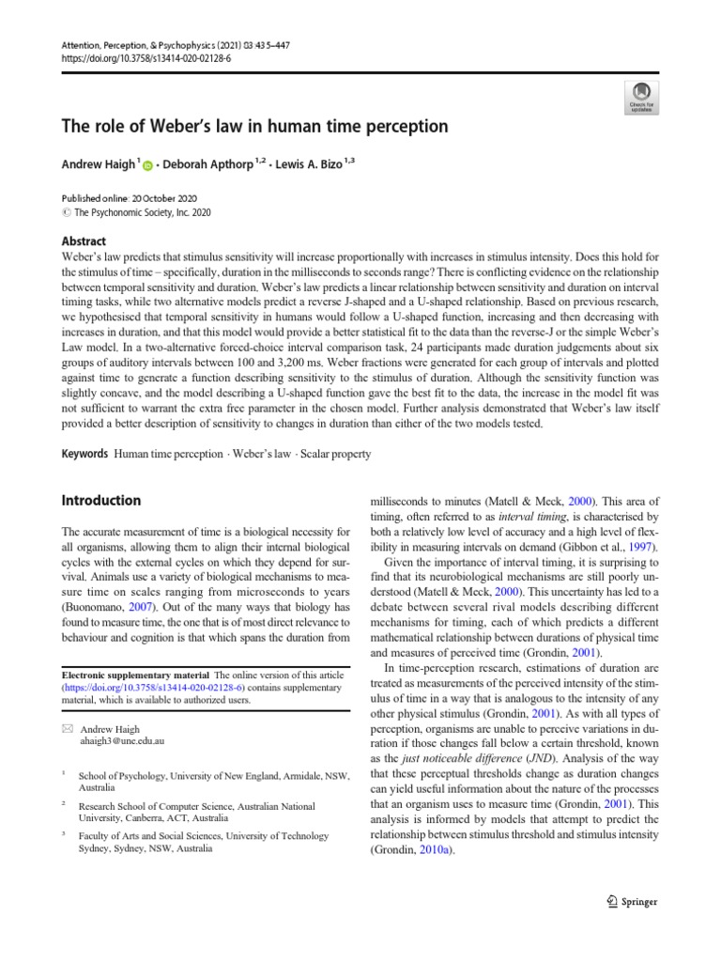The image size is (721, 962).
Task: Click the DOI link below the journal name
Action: click(146, 57)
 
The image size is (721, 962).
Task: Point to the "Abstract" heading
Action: click(84, 240)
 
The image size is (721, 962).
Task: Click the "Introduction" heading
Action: click(101, 500)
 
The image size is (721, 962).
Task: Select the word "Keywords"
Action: click(84, 454)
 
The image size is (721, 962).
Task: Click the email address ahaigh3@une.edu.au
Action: click(123, 740)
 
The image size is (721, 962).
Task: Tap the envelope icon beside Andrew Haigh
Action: click(68, 728)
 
